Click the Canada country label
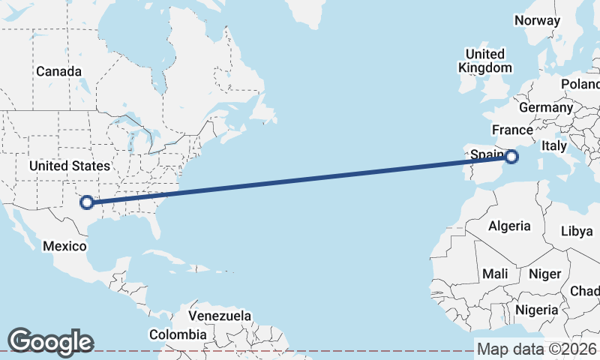[x=58, y=71]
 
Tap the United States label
[x=69, y=166]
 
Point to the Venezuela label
[x=220, y=316]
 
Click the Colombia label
[x=178, y=334]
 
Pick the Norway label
[x=537, y=20]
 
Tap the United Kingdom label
[x=485, y=61]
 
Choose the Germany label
[x=545, y=107]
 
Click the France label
[x=513, y=130]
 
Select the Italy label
[x=554, y=145]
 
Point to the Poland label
[x=582, y=83]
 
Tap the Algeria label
[x=509, y=226]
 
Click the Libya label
[x=577, y=231]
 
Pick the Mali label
[x=496, y=274]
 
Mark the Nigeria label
[x=537, y=309]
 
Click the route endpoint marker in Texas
[x=87, y=202]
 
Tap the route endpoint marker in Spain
[x=511, y=157]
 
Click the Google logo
[x=50, y=342]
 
